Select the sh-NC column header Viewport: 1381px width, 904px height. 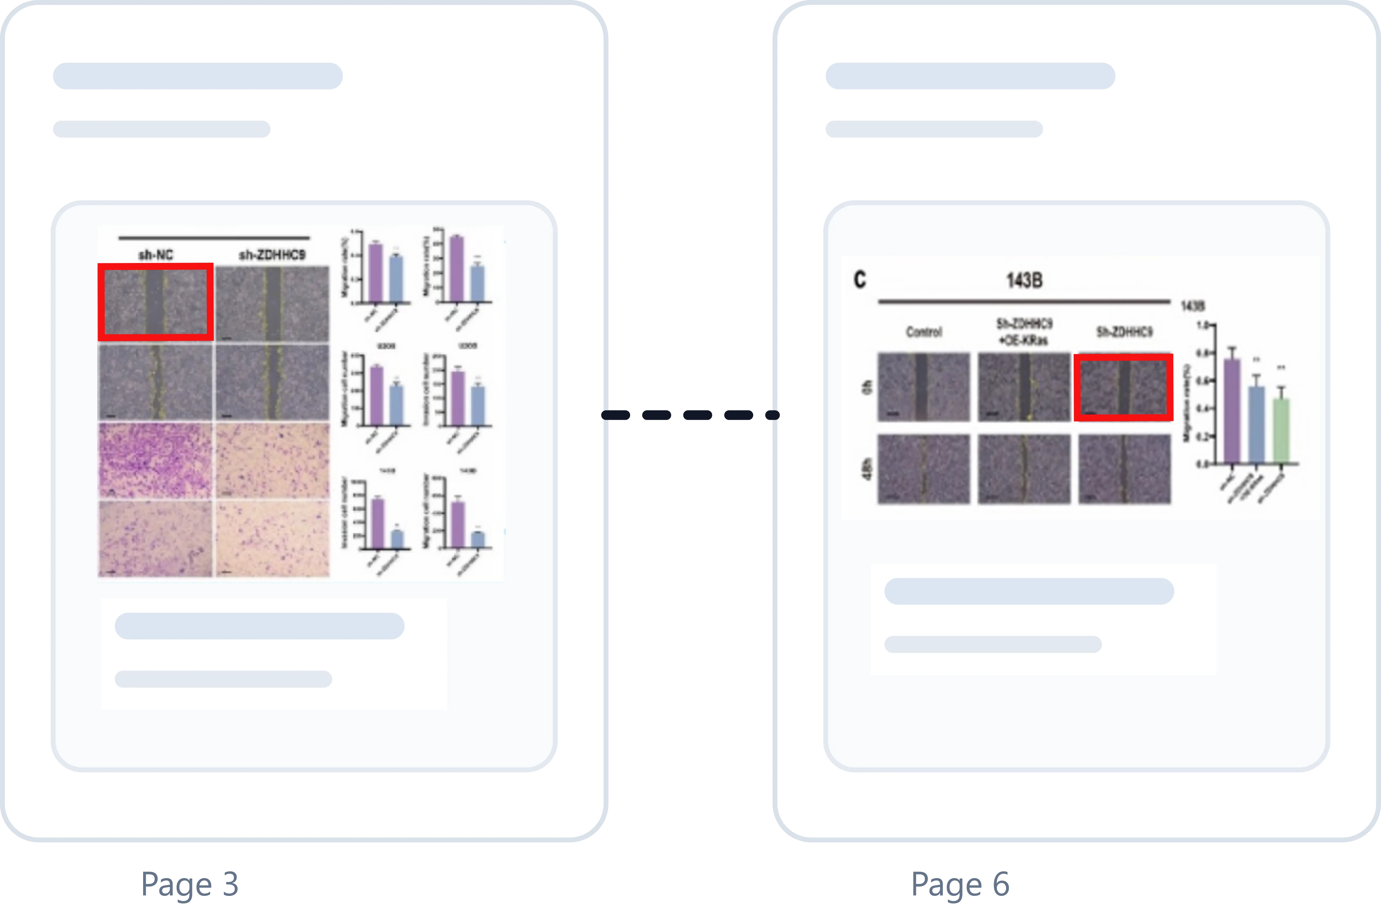[x=156, y=255]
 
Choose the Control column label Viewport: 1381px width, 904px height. [x=924, y=332]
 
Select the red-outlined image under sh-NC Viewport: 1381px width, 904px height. [x=156, y=302]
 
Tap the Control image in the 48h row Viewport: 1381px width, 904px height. [x=924, y=469]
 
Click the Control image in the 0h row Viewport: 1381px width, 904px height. [x=924, y=387]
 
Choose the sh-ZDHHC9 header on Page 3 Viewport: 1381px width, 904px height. [x=271, y=255]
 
